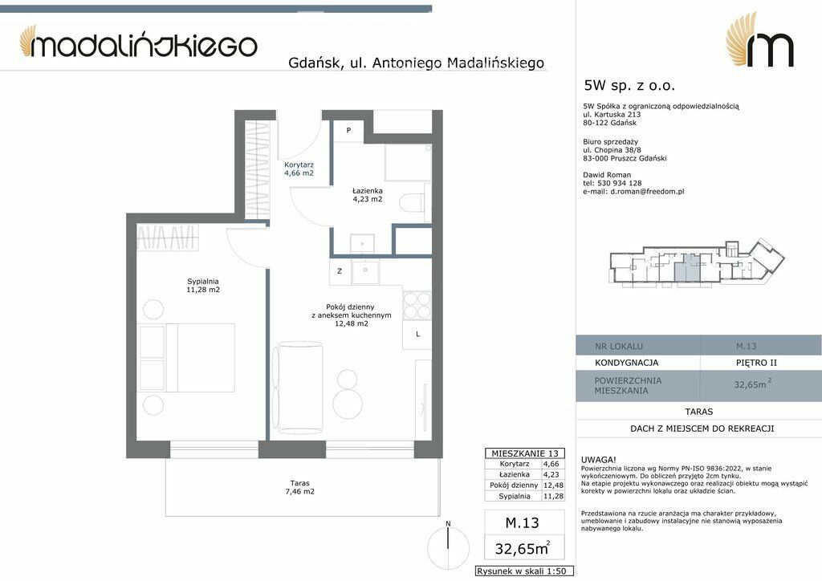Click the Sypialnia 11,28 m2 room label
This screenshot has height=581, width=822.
click(x=203, y=286)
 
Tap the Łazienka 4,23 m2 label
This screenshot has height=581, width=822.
click(x=367, y=195)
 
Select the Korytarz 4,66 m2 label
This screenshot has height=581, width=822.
click(x=299, y=169)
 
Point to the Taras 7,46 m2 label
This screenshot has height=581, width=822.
click(x=300, y=487)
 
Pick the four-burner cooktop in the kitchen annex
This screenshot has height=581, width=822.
click(x=417, y=306)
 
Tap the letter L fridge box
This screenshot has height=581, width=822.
click(x=417, y=335)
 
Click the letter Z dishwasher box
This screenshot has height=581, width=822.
click(x=340, y=271)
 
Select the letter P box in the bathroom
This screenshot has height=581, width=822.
click(x=348, y=131)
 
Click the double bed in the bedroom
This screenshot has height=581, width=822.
click(x=186, y=357)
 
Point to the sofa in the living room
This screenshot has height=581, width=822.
click(x=297, y=387)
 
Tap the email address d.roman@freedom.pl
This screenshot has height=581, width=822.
click(x=648, y=192)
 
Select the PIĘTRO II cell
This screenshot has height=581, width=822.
click(x=756, y=363)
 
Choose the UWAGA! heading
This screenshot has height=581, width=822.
click(x=599, y=460)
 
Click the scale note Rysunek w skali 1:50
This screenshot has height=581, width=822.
click(x=525, y=571)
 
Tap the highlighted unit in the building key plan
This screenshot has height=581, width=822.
click(x=686, y=270)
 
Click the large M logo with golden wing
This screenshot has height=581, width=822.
click(x=759, y=41)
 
